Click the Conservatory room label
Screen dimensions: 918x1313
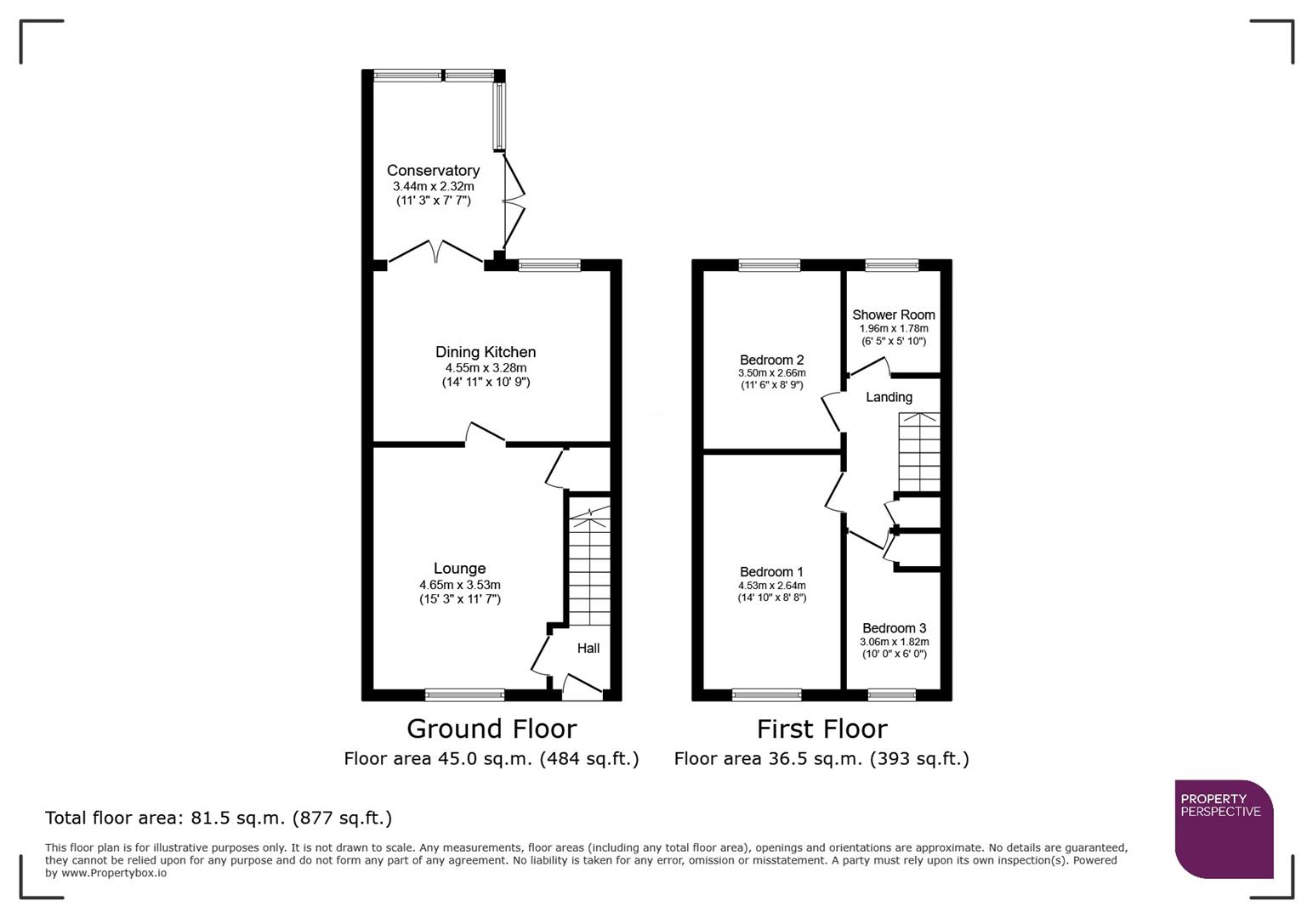point(433,171)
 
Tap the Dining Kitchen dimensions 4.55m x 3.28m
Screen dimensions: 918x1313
point(486,368)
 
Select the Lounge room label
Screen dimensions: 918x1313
point(459,569)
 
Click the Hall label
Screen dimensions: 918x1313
point(588,649)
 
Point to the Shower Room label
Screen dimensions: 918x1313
point(893,314)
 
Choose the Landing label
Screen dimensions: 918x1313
point(889,397)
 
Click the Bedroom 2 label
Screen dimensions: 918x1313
point(771,360)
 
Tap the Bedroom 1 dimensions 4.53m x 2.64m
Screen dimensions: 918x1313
point(771,586)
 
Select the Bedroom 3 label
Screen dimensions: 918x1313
point(894,628)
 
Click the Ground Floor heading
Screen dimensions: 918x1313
point(492,729)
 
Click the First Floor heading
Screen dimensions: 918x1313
point(821,729)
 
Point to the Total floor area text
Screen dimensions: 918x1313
point(219,818)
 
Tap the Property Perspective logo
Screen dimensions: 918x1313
point(1224,829)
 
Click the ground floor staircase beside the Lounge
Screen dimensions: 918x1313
point(588,565)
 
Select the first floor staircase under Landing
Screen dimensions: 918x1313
point(919,452)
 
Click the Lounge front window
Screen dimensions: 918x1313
point(464,694)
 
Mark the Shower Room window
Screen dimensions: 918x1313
point(891,265)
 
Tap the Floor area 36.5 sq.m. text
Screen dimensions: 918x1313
point(821,758)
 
